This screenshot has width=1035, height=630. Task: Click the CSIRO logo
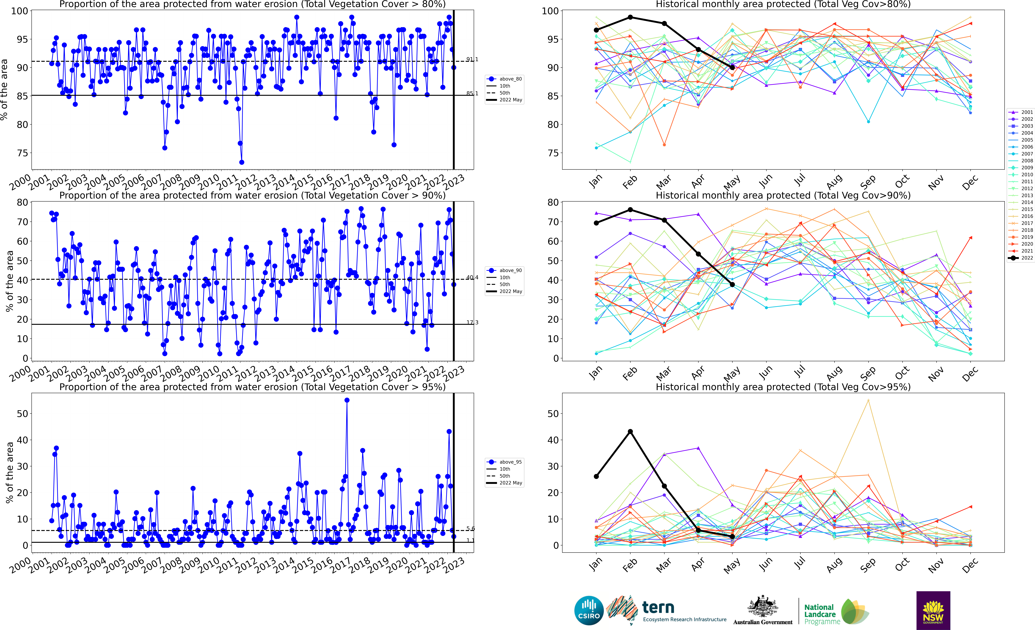(x=589, y=610)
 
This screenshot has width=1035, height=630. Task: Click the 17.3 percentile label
(x=472, y=323)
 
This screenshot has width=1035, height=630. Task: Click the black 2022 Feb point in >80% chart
(x=630, y=17)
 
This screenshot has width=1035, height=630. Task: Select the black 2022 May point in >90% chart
(x=732, y=285)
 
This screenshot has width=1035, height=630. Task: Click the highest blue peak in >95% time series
(x=347, y=400)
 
